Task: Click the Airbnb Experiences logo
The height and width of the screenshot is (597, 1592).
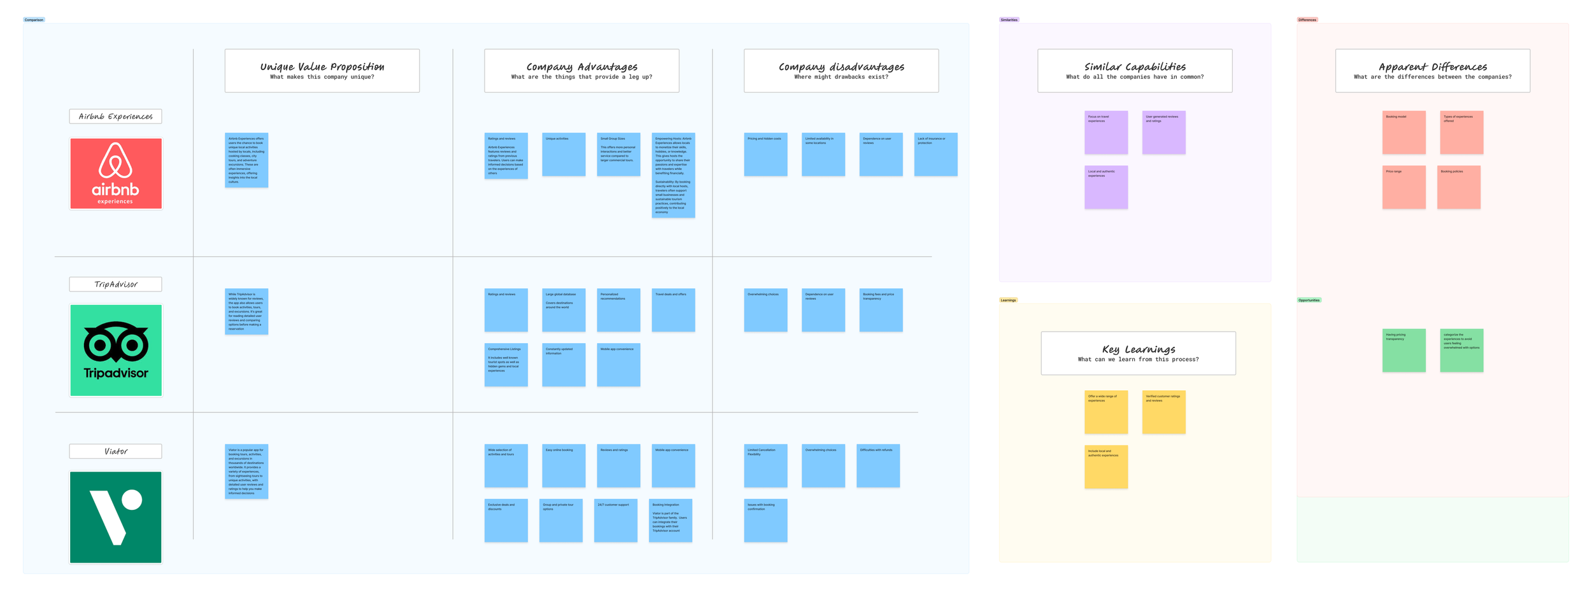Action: [116, 174]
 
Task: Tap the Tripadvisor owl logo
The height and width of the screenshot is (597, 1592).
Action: [116, 350]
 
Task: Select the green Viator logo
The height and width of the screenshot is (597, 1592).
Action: [116, 517]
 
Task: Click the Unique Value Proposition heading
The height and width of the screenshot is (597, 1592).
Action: [322, 71]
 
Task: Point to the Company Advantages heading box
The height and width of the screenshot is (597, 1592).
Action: [581, 71]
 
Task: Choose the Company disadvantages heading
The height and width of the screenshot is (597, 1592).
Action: [841, 71]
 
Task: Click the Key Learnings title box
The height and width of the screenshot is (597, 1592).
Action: [1138, 353]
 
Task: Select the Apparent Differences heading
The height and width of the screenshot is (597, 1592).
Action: [1432, 71]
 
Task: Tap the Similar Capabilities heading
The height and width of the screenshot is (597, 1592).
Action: [1135, 71]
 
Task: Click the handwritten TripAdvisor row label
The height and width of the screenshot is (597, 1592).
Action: [116, 284]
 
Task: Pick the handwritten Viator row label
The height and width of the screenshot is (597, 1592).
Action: [116, 451]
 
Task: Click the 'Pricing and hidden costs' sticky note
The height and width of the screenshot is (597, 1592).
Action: [765, 155]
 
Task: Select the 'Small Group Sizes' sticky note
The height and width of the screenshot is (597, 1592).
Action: [618, 155]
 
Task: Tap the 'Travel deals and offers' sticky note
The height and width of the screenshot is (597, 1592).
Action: [673, 310]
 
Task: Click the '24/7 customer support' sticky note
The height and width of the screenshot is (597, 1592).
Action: [616, 521]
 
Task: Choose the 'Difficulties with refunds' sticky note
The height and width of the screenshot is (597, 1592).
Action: [878, 466]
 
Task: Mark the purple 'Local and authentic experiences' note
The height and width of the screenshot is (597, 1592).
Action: [1106, 187]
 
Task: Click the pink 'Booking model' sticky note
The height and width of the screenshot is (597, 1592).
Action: [1404, 132]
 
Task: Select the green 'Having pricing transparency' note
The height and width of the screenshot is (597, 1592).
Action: [1404, 351]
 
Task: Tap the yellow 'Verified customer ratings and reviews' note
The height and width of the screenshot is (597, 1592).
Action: [1163, 412]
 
